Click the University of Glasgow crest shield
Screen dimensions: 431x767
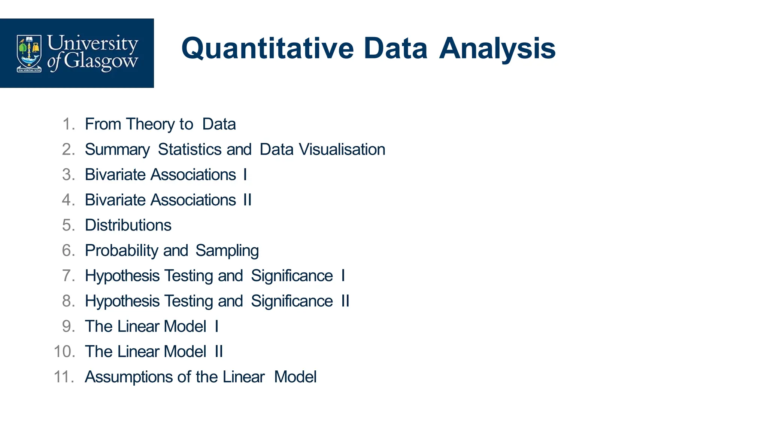29,53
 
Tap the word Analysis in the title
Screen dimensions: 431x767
497,49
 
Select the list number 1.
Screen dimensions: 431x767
68,124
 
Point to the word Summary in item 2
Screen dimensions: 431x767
117,150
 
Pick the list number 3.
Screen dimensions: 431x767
68,175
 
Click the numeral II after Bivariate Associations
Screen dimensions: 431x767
247,200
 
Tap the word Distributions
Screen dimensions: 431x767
128,225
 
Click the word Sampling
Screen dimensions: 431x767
227,251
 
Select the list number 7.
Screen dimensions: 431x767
68,276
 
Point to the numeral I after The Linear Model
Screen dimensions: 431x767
216,326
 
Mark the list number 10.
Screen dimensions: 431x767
64,352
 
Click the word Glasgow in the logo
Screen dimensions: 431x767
100,61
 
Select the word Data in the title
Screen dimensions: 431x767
395,49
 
